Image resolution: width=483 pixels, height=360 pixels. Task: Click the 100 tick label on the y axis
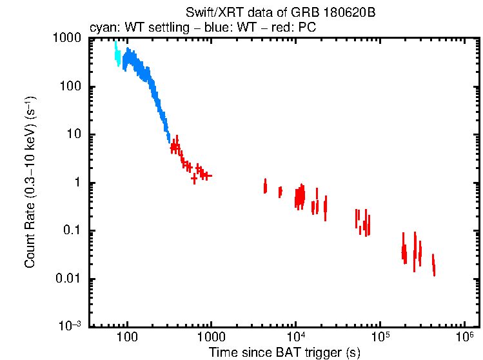click(70, 87)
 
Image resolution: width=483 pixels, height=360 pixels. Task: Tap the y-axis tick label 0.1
click(71, 231)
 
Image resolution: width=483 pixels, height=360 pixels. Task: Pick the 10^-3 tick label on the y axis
click(69, 326)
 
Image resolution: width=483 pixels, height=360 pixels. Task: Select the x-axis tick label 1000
click(211, 337)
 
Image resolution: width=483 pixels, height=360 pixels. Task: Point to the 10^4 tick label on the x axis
click(295, 336)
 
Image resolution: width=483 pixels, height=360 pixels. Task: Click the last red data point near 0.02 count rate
click(434, 266)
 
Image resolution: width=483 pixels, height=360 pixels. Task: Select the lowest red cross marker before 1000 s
click(193, 179)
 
